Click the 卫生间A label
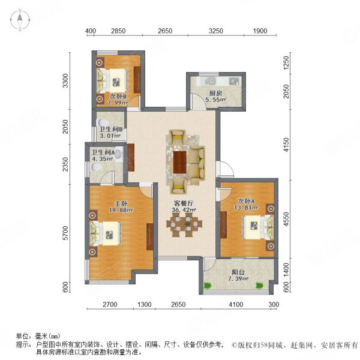point(103,151)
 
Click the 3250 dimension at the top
point(216,31)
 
